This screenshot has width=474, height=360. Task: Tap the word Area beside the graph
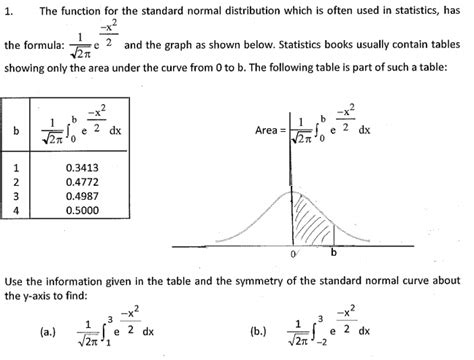point(270,130)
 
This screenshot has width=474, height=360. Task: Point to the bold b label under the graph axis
point(334,253)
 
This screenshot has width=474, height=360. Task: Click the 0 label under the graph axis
point(293,255)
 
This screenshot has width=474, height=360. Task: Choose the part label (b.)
point(257,330)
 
